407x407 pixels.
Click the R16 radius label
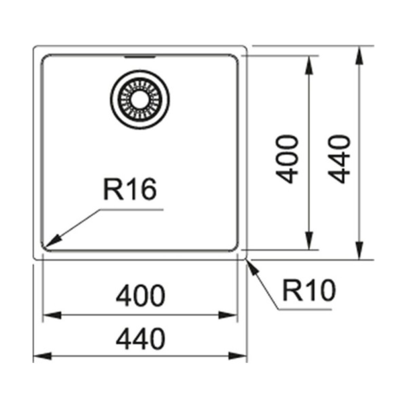pyautogui.click(x=130, y=189)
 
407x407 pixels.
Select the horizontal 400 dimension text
pyautogui.click(x=140, y=295)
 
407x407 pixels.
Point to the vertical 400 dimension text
pyautogui.click(x=287, y=159)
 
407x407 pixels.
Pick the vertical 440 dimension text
pyautogui.click(x=339, y=159)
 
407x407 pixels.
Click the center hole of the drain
pyautogui.click(x=140, y=100)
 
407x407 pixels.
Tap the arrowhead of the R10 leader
pyautogui.click(x=253, y=267)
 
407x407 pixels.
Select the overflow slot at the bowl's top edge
pyautogui.click(x=140, y=57)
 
